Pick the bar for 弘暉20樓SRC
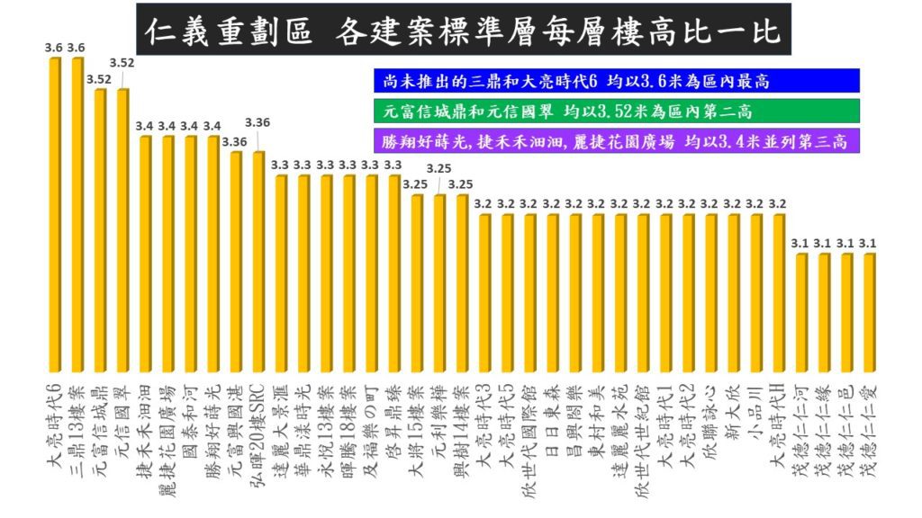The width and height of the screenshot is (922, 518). (x=258, y=261)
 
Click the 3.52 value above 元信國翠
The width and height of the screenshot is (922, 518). (x=122, y=62)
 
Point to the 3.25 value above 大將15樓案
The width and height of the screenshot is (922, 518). (x=415, y=184)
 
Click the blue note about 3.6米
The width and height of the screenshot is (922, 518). (x=616, y=81)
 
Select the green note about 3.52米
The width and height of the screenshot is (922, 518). (x=616, y=112)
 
